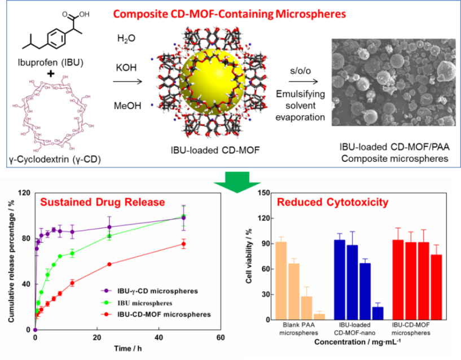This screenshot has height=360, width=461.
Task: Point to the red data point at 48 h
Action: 183,244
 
